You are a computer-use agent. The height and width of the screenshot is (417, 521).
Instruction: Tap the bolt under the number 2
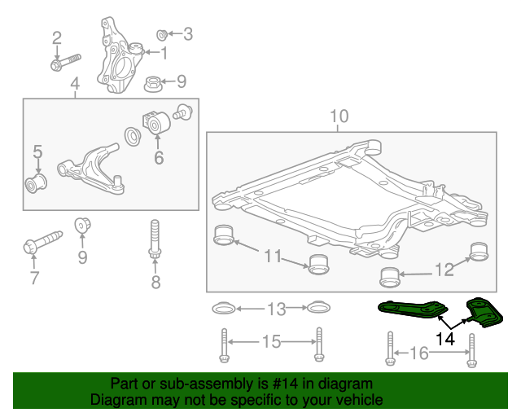[64, 62]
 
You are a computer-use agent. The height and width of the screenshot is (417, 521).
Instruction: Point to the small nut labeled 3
[161, 34]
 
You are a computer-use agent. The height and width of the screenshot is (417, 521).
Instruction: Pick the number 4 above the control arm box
[75, 84]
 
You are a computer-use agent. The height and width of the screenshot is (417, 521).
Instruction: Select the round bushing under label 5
[36, 184]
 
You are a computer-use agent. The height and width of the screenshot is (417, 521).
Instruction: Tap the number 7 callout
[34, 279]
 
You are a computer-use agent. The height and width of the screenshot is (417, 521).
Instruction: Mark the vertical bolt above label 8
[155, 241]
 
